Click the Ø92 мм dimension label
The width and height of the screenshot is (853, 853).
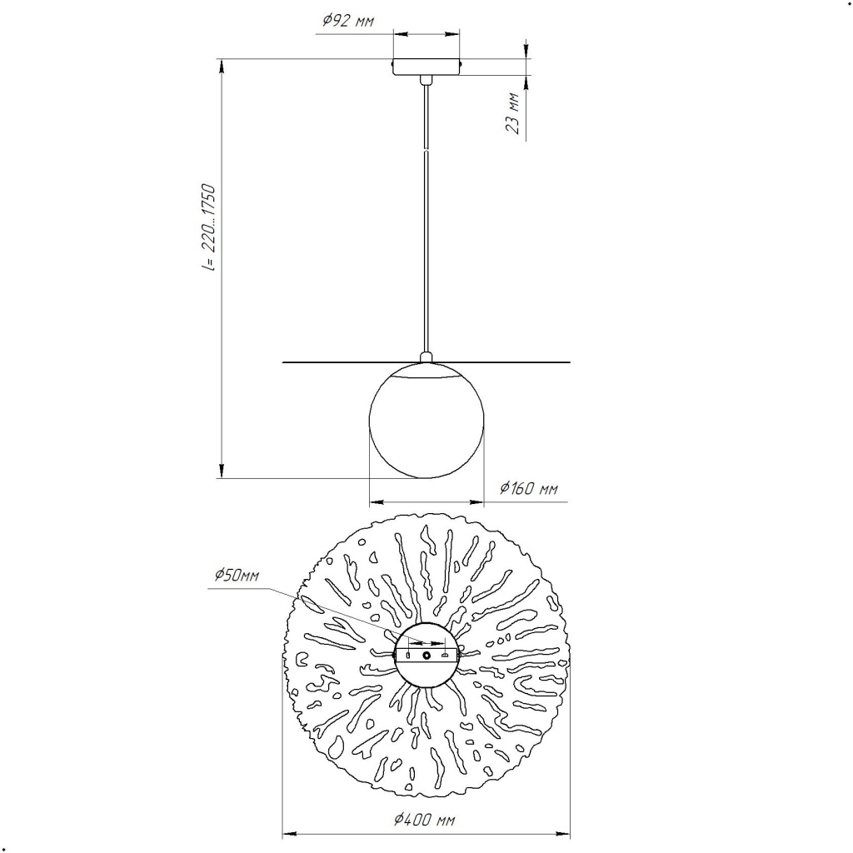click(x=347, y=21)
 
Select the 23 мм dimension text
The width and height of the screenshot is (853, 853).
click(x=512, y=113)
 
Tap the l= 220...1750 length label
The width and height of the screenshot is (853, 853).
click(x=209, y=228)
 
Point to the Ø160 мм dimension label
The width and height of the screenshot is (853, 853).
click(x=529, y=488)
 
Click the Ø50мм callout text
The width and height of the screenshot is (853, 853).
click(x=237, y=575)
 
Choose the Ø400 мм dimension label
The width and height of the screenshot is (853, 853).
click(x=424, y=820)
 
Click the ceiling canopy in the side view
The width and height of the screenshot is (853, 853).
click(x=426, y=67)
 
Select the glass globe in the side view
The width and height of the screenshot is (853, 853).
click(x=426, y=421)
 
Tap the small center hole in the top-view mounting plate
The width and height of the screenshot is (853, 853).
click(x=426, y=656)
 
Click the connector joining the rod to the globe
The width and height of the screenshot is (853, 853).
click(x=426, y=357)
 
